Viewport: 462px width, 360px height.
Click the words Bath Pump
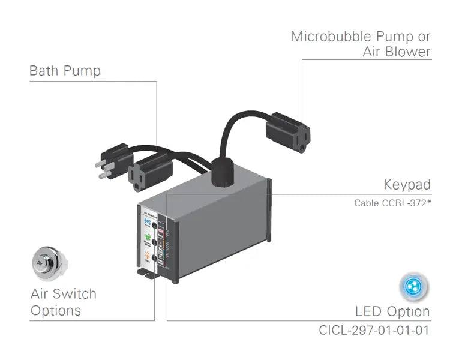[65, 71]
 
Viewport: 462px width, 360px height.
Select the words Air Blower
[397, 52]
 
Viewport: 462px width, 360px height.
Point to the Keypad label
[407, 184]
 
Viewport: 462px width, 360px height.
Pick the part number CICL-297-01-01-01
[374, 330]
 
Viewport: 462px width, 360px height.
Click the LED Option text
[392, 311]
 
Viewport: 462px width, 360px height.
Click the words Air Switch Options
[63, 302]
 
